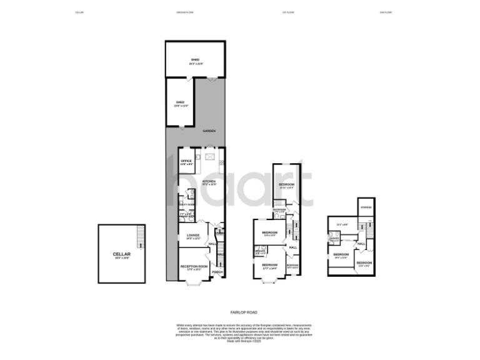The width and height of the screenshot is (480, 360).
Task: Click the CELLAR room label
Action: pyautogui.click(x=121, y=254)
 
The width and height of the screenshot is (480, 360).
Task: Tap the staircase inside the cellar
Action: pyautogui.click(x=141, y=237)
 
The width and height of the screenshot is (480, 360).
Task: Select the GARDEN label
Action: pyautogui.click(x=209, y=131)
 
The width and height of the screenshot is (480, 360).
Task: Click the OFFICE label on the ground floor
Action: pyautogui.click(x=186, y=162)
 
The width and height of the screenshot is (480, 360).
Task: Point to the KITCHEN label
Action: pyautogui.click(x=208, y=182)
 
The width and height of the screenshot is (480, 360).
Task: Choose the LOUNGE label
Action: pyautogui.click(x=192, y=236)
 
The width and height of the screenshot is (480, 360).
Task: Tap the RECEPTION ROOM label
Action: pyautogui.click(x=194, y=267)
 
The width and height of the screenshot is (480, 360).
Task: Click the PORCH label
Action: pyautogui.click(x=217, y=272)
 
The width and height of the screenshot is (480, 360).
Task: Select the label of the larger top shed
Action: pyautogui.click(x=195, y=61)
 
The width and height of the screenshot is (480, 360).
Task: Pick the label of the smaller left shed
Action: pyautogui.click(x=180, y=104)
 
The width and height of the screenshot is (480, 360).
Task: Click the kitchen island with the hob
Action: pyautogui.click(x=209, y=156)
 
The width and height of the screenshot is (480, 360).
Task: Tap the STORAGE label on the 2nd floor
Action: pyautogui.click(x=366, y=207)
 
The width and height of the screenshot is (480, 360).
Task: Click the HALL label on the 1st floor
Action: pyautogui.click(x=292, y=247)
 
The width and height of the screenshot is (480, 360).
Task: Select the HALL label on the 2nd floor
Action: pyautogui.click(x=361, y=244)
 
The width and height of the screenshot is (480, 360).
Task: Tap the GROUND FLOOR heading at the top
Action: pyautogui.click(x=186, y=12)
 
